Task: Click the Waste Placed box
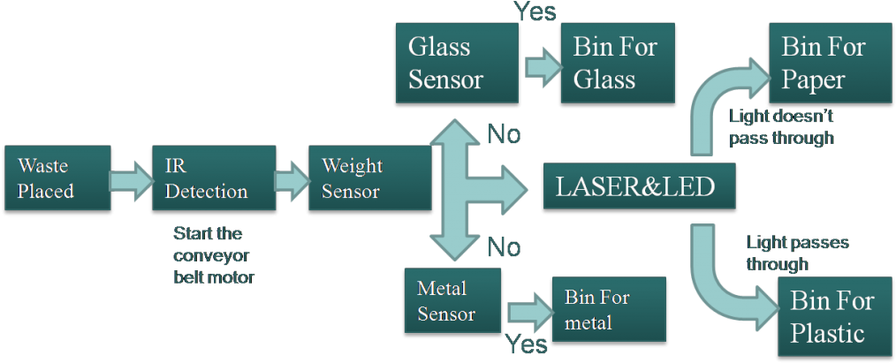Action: (57, 178)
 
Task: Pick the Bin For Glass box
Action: (618, 63)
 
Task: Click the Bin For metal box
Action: (608, 309)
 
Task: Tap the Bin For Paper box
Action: (830, 63)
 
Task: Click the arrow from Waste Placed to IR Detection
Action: (131, 178)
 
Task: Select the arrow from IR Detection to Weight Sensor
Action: (287, 178)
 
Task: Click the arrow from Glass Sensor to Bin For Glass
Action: (540, 66)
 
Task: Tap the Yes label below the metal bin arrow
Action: (527, 345)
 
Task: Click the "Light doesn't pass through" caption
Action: (781, 127)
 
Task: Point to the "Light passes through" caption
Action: (796, 253)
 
